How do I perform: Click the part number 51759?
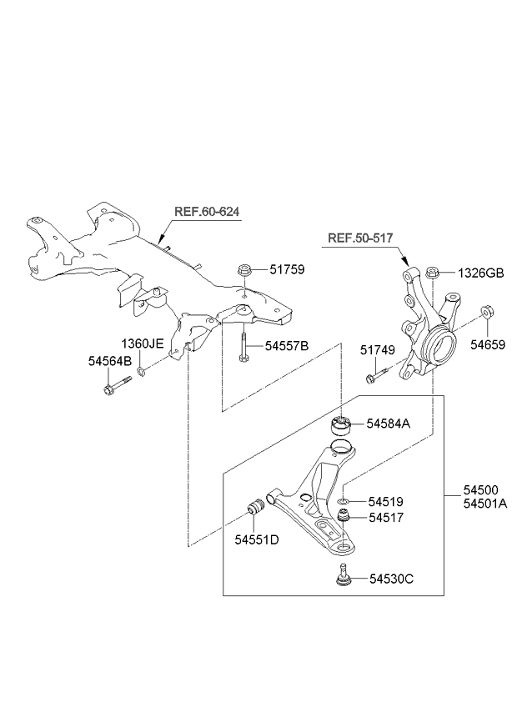point(287,269)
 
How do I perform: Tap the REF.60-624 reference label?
point(207,212)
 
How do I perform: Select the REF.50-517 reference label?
point(361,238)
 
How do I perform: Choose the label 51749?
point(378,349)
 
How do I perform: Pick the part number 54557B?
point(287,345)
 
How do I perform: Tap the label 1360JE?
point(142,343)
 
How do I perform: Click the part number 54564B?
point(110,361)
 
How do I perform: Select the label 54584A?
point(388,424)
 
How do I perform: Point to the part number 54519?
point(386,502)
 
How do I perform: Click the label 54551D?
point(256,539)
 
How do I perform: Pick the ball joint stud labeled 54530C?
point(343,575)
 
